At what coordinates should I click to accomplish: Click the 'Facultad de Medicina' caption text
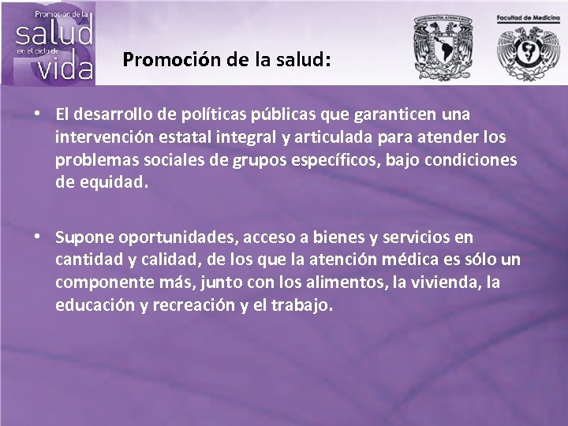pyautogui.click(x=528, y=17)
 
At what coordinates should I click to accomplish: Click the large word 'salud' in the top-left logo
pyautogui.click(x=54, y=33)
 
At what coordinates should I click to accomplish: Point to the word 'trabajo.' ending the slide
pyautogui.click(x=302, y=305)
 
